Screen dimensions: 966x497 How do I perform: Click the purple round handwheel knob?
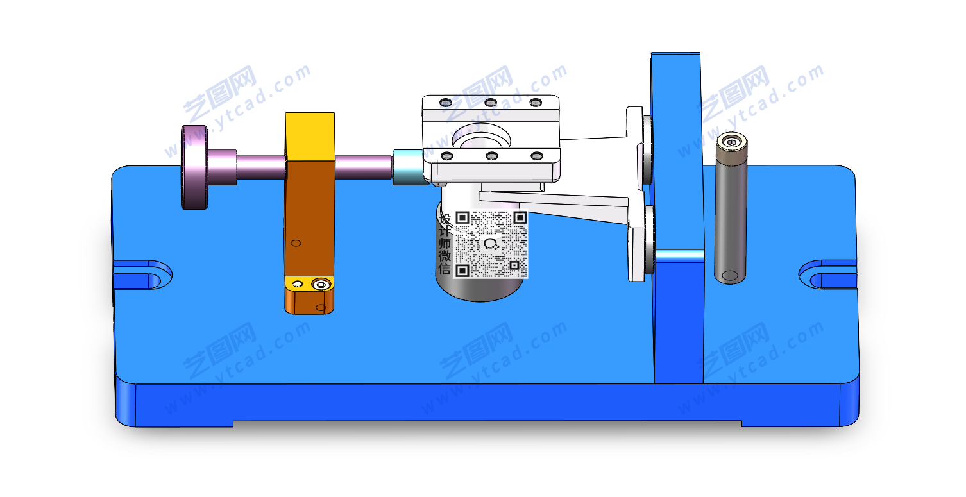(x=194, y=167)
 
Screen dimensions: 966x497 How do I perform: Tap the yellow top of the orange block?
(x=310, y=137)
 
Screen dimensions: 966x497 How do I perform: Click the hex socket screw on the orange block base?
(x=321, y=285)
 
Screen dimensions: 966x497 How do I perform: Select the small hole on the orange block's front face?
(x=296, y=243)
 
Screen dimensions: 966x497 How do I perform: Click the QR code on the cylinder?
(x=491, y=244)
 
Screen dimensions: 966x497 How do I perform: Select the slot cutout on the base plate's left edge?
(x=142, y=274)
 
